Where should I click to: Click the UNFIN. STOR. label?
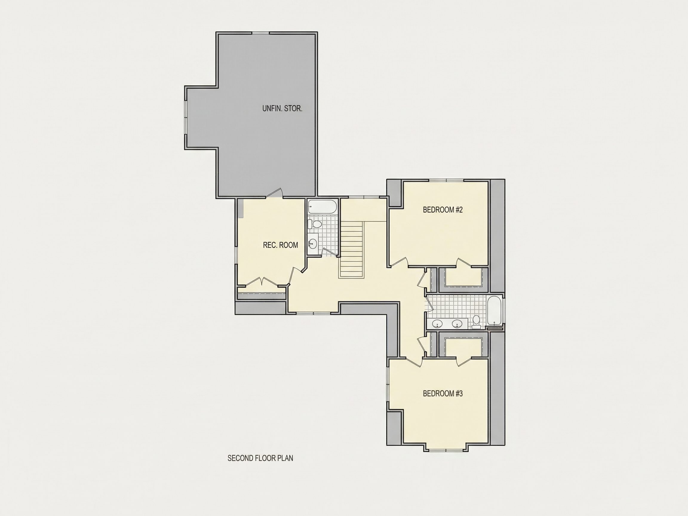point(282,109)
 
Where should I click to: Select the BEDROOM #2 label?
point(443,210)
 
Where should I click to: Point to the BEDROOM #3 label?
point(443,394)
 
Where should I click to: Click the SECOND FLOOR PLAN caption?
point(260,458)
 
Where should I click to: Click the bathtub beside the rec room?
point(322,207)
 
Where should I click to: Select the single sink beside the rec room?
point(313,242)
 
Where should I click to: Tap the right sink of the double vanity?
point(457,323)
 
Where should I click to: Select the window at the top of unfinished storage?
point(260,33)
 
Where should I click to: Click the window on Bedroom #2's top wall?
point(446,180)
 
